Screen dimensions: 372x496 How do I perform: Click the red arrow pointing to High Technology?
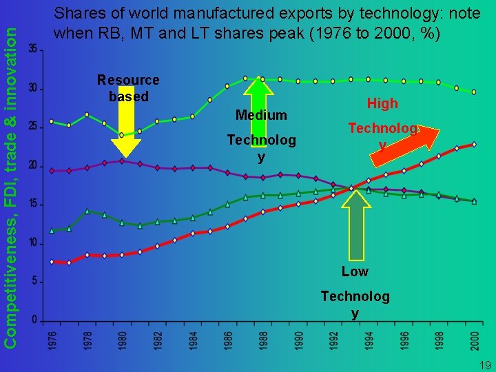point(406,145)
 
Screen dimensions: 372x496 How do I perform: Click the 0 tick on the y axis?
point(34,320)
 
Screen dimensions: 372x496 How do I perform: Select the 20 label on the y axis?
point(33,166)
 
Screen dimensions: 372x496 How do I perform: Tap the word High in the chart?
point(382,103)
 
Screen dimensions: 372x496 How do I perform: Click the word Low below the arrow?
point(355,271)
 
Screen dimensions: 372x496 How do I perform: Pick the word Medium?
point(261,114)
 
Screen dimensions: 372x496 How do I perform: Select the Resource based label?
point(128,88)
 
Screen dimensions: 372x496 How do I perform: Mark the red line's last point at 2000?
point(474,145)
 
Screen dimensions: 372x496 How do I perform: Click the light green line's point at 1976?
point(52,121)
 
